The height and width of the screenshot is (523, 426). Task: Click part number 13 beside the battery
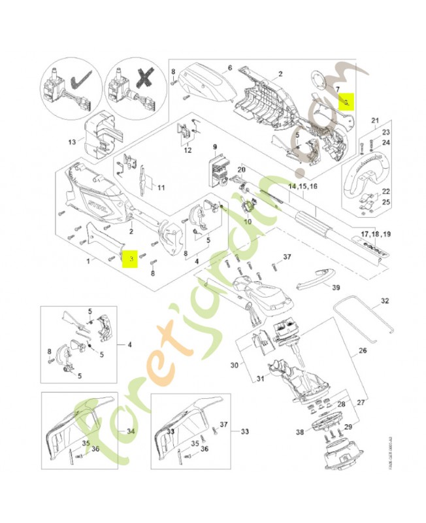point(72,142)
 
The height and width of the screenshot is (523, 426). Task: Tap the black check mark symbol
point(84,81)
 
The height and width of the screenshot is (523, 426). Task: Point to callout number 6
point(230,68)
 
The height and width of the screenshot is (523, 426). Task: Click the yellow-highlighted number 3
point(131,260)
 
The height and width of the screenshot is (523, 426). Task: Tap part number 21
point(375,120)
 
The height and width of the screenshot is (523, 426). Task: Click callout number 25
point(386,203)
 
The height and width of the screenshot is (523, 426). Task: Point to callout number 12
point(187,150)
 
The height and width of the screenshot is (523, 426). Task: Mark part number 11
point(160,188)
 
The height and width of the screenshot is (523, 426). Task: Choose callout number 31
point(259,379)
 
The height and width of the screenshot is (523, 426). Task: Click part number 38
point(300,432)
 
